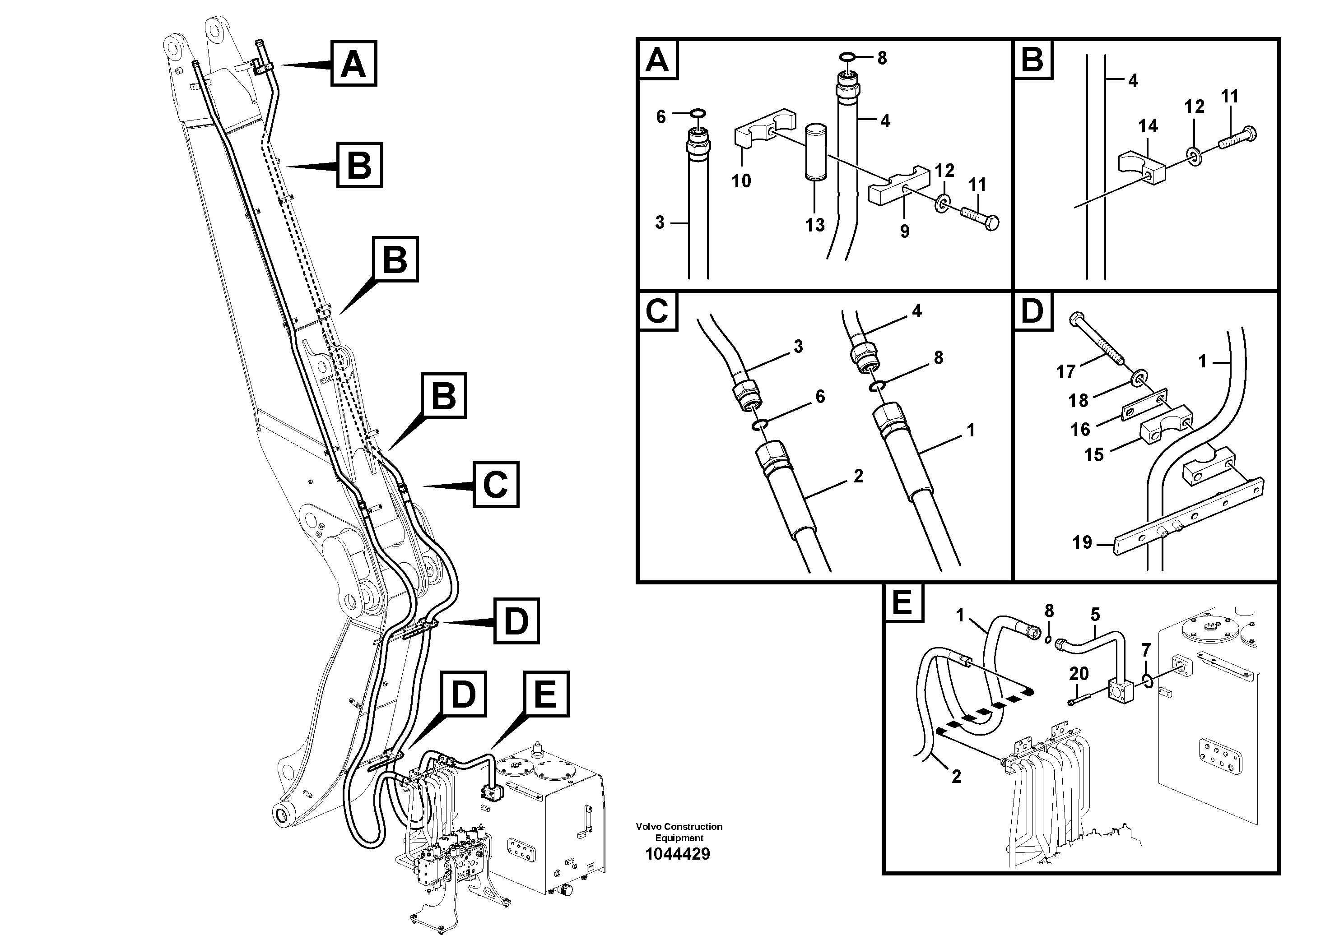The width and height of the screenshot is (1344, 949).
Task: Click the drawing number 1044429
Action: coord(677,854)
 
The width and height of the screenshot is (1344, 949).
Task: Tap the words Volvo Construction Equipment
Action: coord(679,832)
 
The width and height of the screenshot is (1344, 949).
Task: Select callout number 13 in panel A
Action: coord(814,225)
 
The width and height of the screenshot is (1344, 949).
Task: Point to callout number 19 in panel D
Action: coord(1082,542)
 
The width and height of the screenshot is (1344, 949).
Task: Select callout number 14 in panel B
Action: coord(1148,126)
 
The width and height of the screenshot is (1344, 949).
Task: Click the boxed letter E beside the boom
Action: coord(545,694)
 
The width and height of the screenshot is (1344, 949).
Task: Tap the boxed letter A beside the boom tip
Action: coord(353,63)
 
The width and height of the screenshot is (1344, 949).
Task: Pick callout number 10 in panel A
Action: coord(741,181)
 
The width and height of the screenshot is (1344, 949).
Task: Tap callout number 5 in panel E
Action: coord(1095,614)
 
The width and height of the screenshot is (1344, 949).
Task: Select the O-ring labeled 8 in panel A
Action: coord(847,57)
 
